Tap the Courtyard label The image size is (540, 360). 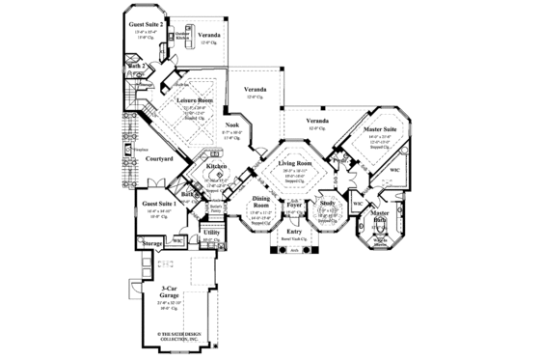152,158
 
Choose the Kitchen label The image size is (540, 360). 217,166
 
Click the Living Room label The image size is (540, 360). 297,164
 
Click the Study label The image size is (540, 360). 328,204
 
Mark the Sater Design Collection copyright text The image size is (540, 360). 172,336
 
